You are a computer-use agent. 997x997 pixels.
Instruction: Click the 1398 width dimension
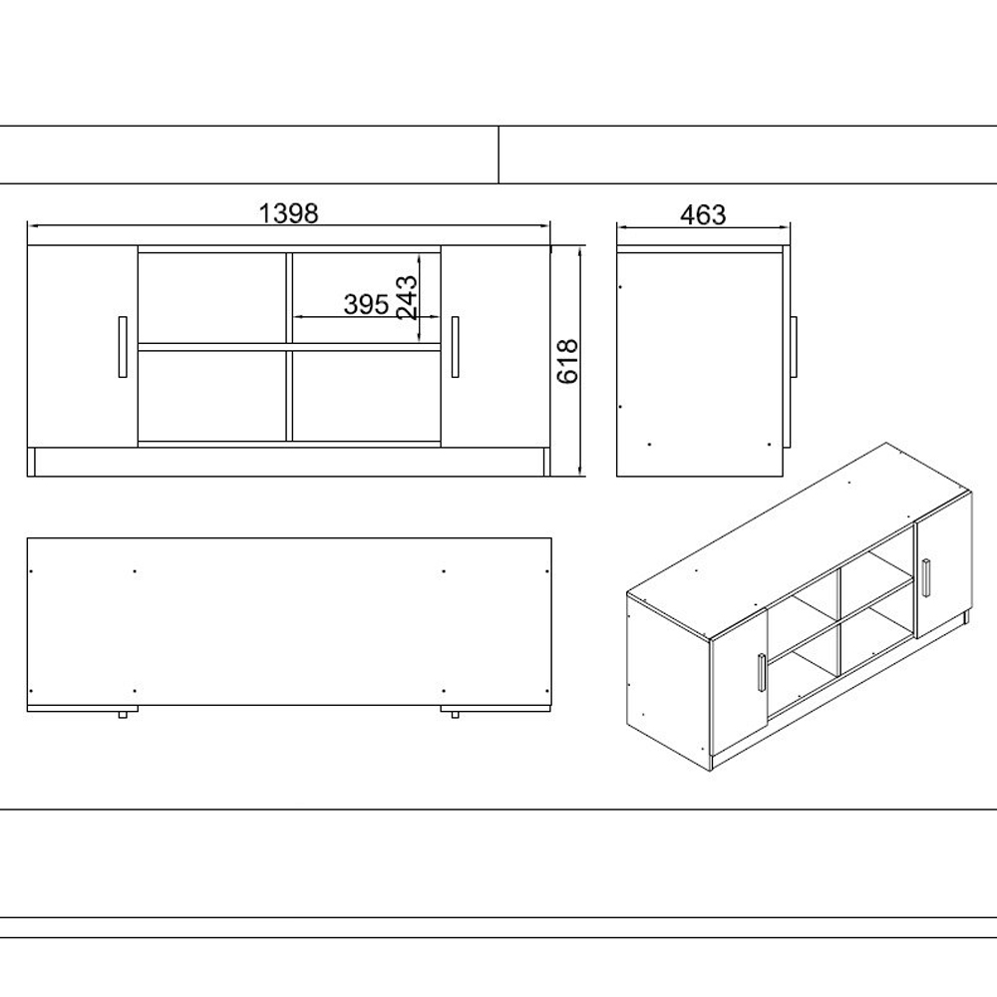(x=288, y=213)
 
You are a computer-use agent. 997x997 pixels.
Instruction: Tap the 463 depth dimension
(x=703, y=215)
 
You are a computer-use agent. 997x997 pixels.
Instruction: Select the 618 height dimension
(x=568, y=361)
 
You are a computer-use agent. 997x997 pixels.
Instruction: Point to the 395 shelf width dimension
(x=366, y=304)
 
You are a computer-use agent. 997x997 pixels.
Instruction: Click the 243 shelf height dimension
(x=407, y=297)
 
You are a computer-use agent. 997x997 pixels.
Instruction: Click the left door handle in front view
(x=123, y=347)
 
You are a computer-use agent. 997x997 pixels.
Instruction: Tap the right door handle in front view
(x=455, y=347)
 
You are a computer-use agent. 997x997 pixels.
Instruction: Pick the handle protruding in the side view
(x=794, y=347)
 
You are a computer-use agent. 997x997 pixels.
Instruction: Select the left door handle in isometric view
(x=761, y=671)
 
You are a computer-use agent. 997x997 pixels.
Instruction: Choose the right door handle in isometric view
(x=927, y=578)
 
